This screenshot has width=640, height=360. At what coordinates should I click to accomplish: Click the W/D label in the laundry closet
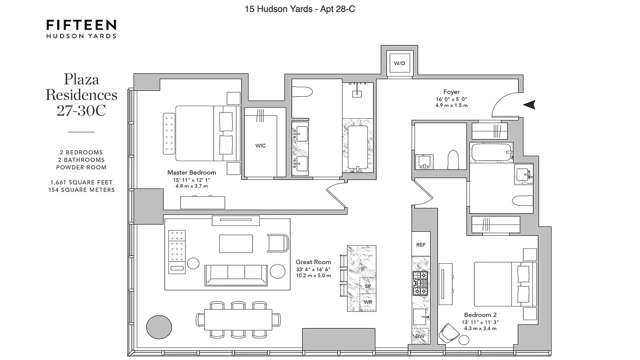[x=399, y=63]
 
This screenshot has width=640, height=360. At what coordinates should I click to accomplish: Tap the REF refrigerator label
[x=421, y=245]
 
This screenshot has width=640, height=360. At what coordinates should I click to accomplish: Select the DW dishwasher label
[x=420, y=336]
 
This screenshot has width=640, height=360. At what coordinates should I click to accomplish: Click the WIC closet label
[x=260, y=146]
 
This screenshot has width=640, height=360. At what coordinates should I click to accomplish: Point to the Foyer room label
[x=451, y=92]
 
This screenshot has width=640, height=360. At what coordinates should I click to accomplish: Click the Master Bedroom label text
[x=191, y=172]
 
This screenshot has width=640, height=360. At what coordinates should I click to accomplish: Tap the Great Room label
[x=313, y=262]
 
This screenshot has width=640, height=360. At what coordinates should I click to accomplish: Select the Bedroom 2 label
[x=480, y=315]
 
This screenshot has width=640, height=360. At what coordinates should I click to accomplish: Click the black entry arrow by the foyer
[x=529, y=105]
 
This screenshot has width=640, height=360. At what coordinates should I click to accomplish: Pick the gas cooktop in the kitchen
[x=420, y=283]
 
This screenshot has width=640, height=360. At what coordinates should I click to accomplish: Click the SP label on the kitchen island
[x=368, y=286]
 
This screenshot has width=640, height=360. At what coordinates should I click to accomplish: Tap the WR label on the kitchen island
[x=368, y=302]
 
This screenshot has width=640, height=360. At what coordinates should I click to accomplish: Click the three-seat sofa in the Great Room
[x=236, y=275]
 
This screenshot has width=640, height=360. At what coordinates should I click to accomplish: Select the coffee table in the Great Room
[x=236, y=244]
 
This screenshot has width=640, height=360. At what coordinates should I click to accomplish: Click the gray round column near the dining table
[x=159, y=327]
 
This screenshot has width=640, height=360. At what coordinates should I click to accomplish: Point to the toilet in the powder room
[x=453, y=160]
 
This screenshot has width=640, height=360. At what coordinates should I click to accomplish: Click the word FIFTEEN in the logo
[x=81, y=25]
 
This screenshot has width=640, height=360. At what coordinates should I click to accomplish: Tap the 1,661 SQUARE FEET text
[x=81, y=182]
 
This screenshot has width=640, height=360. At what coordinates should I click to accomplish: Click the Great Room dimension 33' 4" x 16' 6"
[x=313, y=270]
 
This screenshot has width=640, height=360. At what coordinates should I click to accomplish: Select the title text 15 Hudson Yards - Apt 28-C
[x=300, y=9]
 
